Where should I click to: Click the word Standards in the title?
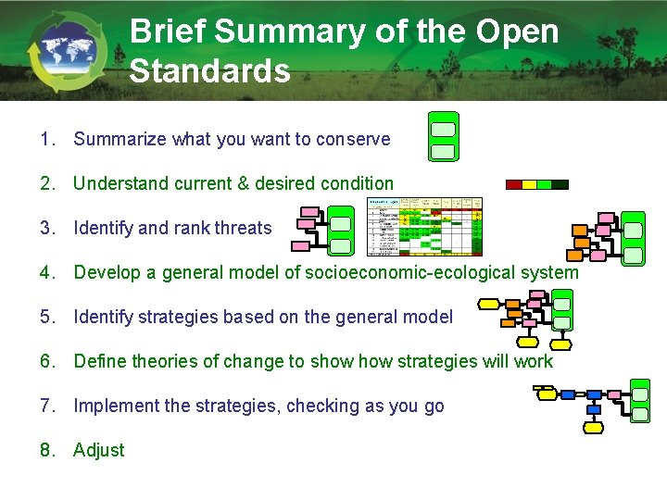[x=210, y=70]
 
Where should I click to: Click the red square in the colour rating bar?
[x=514, y=184]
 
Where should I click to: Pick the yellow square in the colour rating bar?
[x=529, y=184]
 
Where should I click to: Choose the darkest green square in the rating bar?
[x=560, y=184]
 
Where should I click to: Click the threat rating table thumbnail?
[x=425, y=226]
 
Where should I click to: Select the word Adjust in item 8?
[x=98, y=450]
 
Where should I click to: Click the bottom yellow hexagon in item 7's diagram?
[x=593, y=427]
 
